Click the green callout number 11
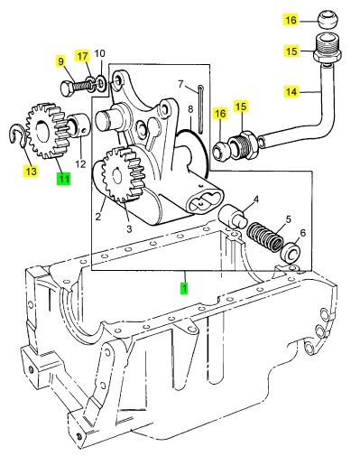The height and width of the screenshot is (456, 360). click(x=63, y=179)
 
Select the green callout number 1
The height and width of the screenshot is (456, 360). click(x=184, y=288)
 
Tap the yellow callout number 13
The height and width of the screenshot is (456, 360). click(x=31, y=172)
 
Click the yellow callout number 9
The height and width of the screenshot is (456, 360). click(x=60, y=61)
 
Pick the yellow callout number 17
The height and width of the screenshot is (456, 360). click(x=82, y=56)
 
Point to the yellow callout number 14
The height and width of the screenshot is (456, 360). click(x=291, y=91)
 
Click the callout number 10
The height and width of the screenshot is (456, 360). click(x=100, y=53)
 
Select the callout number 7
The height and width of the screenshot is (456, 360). click(x=180, y=84)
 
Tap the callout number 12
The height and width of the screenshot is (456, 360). click(x=80, y=164)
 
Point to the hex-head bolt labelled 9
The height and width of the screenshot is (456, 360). click(x=75, y=87)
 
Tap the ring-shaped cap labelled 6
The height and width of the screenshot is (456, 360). click(x=291, y=251)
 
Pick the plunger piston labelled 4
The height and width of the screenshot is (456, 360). click(x=233, y=216)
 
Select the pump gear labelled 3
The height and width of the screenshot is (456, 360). click(x=124, y=174)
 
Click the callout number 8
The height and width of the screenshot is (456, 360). click(x=190, y=109)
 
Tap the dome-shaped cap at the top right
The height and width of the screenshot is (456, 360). click(x=328, y=19)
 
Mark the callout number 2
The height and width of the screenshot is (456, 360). click(x=98, y=216)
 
